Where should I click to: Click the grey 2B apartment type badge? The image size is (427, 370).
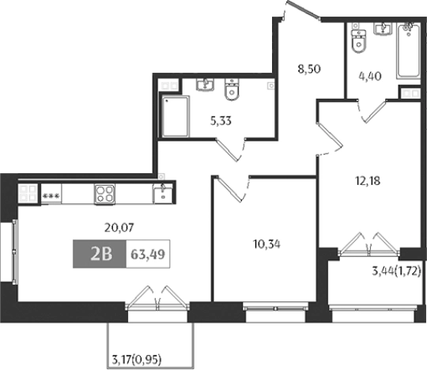pyautogui.click(x=99, y=255)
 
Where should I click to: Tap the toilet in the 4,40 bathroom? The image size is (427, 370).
pyautogui.click(x=357, y=41)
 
